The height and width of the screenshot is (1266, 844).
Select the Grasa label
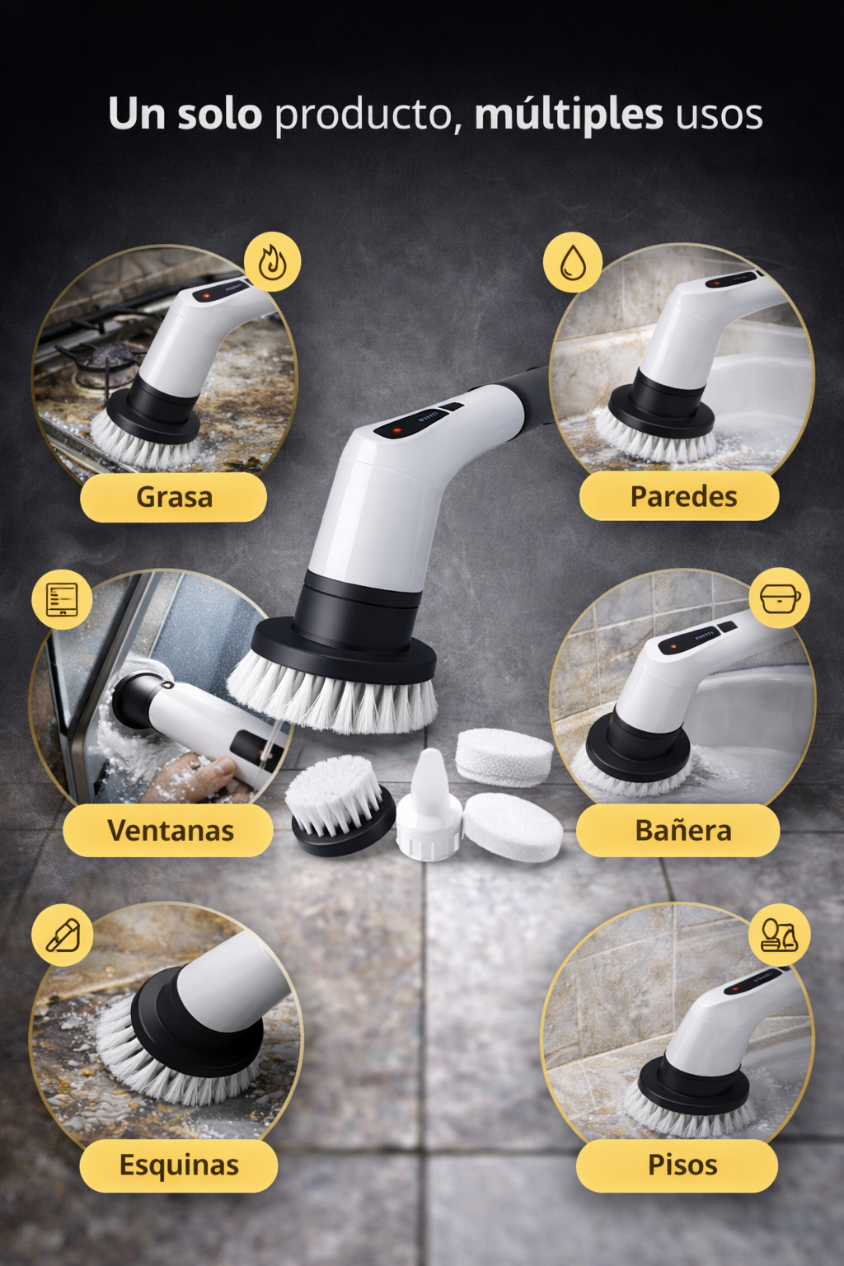pyautogui.click(x=174, y=497)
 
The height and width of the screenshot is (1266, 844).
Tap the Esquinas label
pyautogui.click(x=179, y=1165)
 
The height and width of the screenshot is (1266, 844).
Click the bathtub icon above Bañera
pyautogui.click(x=780, y=598)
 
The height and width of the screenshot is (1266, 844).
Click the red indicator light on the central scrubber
pyautogui.click(x=396, y=431)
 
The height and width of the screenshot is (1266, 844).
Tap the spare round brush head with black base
pyautogui.click(x=340, y=805)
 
